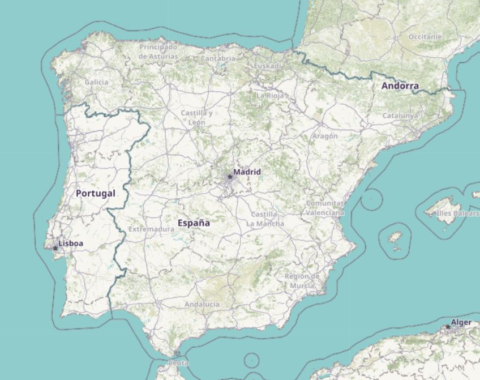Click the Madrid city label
tap(247, 171)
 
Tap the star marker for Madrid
tap(230, 177)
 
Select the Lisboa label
tap(71, 244)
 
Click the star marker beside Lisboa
tap(55, 248)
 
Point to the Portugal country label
tap(95, 193)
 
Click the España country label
tap(194, 223)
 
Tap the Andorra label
tap(400, 86)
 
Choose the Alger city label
tap(461, 322)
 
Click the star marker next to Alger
tap(448, 326)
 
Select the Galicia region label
tap(96, 82)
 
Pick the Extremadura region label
tap(151, 229)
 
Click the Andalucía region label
tap(202, 304)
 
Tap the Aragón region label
tap(325, 136)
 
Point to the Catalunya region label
tap(400, 116)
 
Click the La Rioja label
tap(269, 96)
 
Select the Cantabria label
tap(218, 58)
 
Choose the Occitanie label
tap(425, 37)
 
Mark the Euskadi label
tap(267, 66)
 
